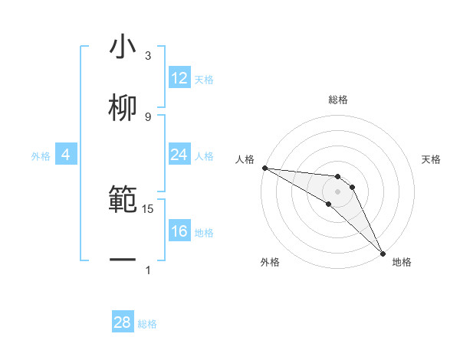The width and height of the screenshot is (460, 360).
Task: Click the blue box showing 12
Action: point(179,78)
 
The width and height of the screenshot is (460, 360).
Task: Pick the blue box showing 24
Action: point(179,155)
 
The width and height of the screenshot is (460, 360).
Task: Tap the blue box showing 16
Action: point(179,231)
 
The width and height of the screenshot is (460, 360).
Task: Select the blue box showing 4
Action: point(66,155)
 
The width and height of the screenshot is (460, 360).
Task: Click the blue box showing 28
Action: point(123,322)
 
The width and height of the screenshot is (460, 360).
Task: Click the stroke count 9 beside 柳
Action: point(148,116)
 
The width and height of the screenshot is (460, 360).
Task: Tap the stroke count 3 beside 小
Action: point(148,56)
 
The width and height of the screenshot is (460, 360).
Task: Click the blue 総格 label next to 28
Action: point(147,324)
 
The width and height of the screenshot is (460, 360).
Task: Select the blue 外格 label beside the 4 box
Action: point(41,156)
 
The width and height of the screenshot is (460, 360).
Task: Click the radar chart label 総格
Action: point(337,100)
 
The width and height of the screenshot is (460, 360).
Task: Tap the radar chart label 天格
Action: point(431,159)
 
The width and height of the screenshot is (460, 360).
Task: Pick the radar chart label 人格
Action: point(245,159)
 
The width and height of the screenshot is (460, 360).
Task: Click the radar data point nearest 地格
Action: point(383,253)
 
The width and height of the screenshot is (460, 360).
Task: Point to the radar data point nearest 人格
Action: point(264,168)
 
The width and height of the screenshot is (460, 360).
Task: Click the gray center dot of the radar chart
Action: point(337,191)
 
